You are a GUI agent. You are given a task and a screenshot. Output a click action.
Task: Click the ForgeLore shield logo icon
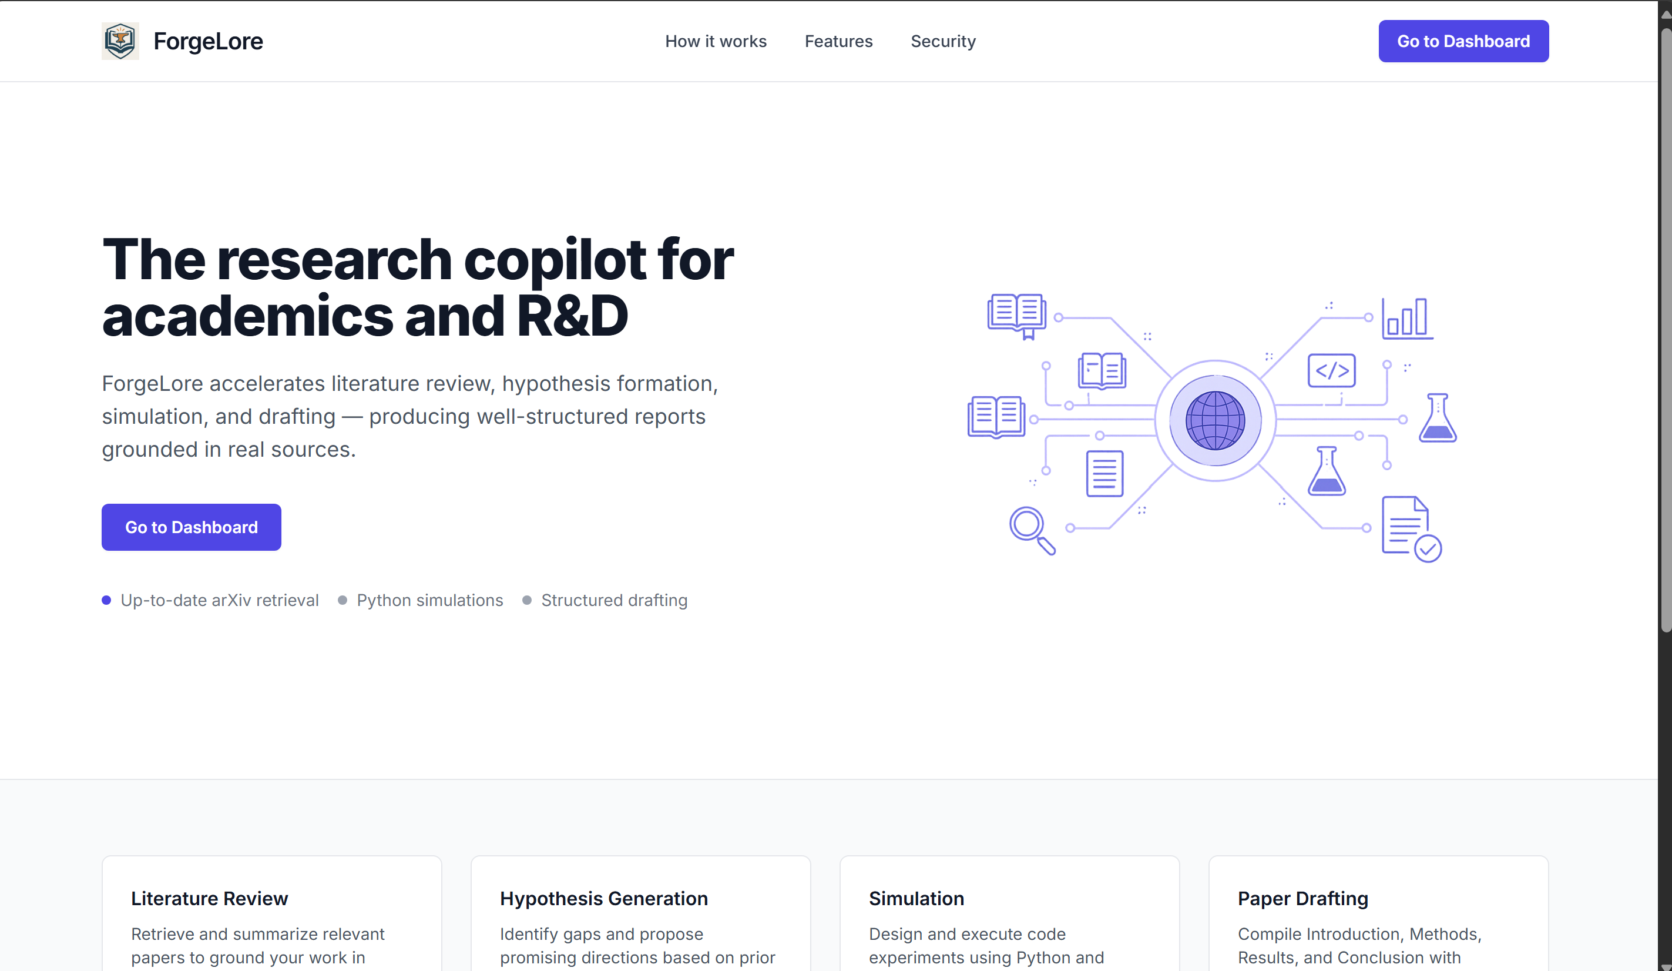(120, 41)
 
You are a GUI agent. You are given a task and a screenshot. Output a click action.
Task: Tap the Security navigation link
(943, 41)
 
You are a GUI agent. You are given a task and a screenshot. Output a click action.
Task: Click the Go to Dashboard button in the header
(1463, 41)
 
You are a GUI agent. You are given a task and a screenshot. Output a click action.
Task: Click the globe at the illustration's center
(1215, 420)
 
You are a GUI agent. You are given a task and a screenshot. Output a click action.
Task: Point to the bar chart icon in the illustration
(1406, 318)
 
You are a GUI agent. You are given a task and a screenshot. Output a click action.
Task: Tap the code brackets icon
(1331, 370)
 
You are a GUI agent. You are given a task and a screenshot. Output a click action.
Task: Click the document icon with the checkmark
(1410, 528)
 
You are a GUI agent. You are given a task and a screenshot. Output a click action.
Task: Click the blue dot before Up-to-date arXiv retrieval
(106, 600)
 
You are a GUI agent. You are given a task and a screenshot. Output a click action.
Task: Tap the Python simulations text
(429, 600)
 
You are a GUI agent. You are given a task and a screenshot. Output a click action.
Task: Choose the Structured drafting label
(614, 600)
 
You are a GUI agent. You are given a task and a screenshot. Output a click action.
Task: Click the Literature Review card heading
(209, 898)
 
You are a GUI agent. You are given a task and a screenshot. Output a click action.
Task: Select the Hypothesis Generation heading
(603, 898)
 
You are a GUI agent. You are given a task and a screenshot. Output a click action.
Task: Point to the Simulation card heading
(916, 898)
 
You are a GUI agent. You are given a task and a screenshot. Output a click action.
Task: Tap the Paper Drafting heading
(1302, 898)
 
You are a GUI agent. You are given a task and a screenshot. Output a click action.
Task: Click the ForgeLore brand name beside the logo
(207, 41)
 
